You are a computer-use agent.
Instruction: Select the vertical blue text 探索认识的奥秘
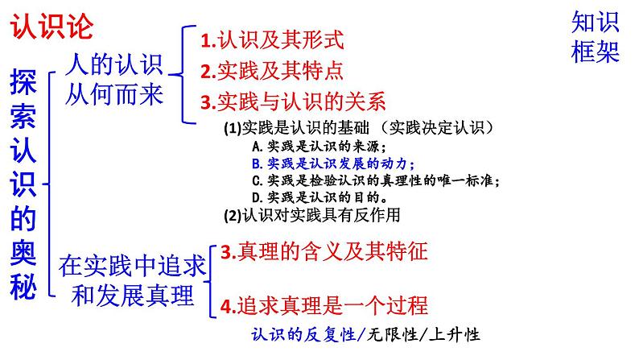24,184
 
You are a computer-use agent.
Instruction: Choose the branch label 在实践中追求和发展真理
133,280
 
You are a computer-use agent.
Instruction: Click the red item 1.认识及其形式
272,39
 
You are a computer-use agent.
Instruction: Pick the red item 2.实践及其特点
272,71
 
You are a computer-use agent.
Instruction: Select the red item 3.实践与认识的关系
294,101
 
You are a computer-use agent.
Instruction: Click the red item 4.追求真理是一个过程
324,305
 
